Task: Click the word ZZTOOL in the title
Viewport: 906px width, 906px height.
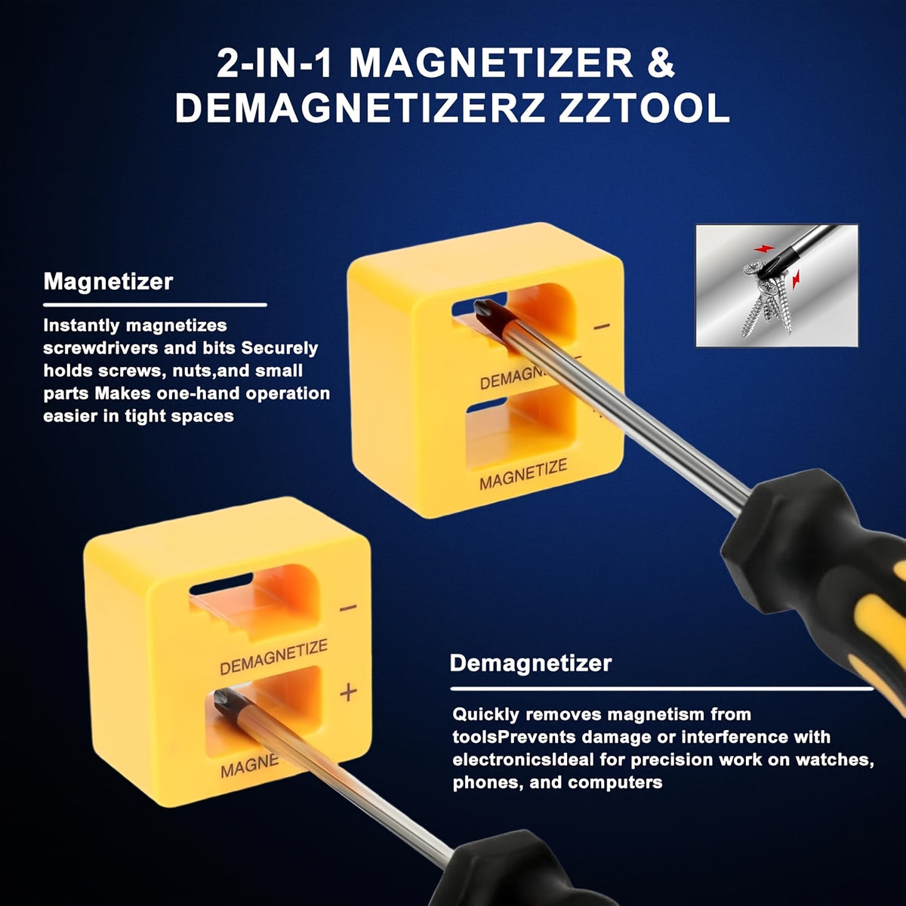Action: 644,109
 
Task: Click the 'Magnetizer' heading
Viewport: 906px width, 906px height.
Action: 108,282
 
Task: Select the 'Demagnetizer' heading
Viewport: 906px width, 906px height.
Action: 531,664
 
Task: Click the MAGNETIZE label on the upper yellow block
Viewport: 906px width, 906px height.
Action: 523,475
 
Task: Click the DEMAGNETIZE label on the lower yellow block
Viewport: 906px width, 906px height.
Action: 273,657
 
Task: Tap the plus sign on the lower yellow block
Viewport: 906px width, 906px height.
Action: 348,692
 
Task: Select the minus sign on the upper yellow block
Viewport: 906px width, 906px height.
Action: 602,326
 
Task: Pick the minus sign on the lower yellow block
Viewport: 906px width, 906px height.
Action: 348,608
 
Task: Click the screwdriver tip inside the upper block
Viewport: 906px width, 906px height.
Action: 483,310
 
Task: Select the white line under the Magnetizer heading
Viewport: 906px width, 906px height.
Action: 156,305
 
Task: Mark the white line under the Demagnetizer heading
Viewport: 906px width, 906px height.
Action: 662,689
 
